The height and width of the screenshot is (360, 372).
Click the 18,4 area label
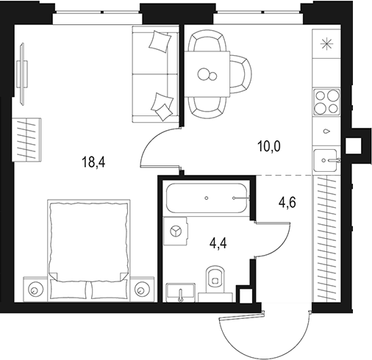point(94,162)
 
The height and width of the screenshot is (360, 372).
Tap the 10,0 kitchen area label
point(269,146)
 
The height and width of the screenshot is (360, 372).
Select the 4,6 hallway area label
point(287,203)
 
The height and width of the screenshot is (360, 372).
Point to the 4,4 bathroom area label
point(218,244)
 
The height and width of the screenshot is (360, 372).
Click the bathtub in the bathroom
point(207,198)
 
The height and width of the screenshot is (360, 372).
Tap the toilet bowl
point(215,280)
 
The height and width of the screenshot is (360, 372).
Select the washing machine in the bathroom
point(176,231)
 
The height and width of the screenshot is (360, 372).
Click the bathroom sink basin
point(181,292)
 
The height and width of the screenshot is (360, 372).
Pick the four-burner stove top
point(326,102)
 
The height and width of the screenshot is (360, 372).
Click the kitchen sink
point(326,160)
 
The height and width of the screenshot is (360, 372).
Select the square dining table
point(207,73)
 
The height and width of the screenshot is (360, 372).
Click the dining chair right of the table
point(241,74)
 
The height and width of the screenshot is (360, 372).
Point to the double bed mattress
point(89,241)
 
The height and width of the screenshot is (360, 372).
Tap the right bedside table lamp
point(140,290)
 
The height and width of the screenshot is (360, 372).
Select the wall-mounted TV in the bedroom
point(22,74)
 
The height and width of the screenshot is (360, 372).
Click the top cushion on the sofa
point(160,41)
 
